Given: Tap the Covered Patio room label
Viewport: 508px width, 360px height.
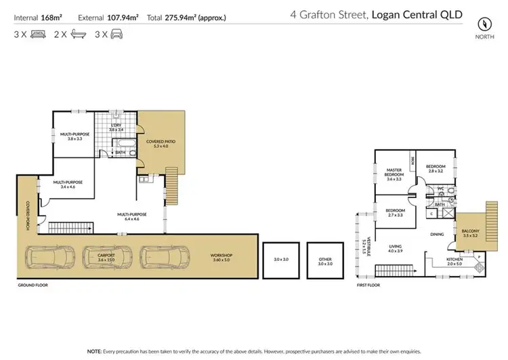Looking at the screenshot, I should (161, 143).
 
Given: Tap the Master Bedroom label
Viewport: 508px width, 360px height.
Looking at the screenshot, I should (394, 174).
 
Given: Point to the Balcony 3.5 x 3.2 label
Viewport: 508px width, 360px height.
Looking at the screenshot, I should (471, 234).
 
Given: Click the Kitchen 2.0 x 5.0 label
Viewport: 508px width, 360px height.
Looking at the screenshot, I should (454, 261).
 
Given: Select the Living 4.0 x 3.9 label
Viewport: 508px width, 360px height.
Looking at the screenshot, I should (395, 249).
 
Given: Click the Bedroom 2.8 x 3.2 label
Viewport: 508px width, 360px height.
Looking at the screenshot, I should (435, 169).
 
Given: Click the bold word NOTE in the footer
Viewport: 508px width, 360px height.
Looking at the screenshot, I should (94, 351).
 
